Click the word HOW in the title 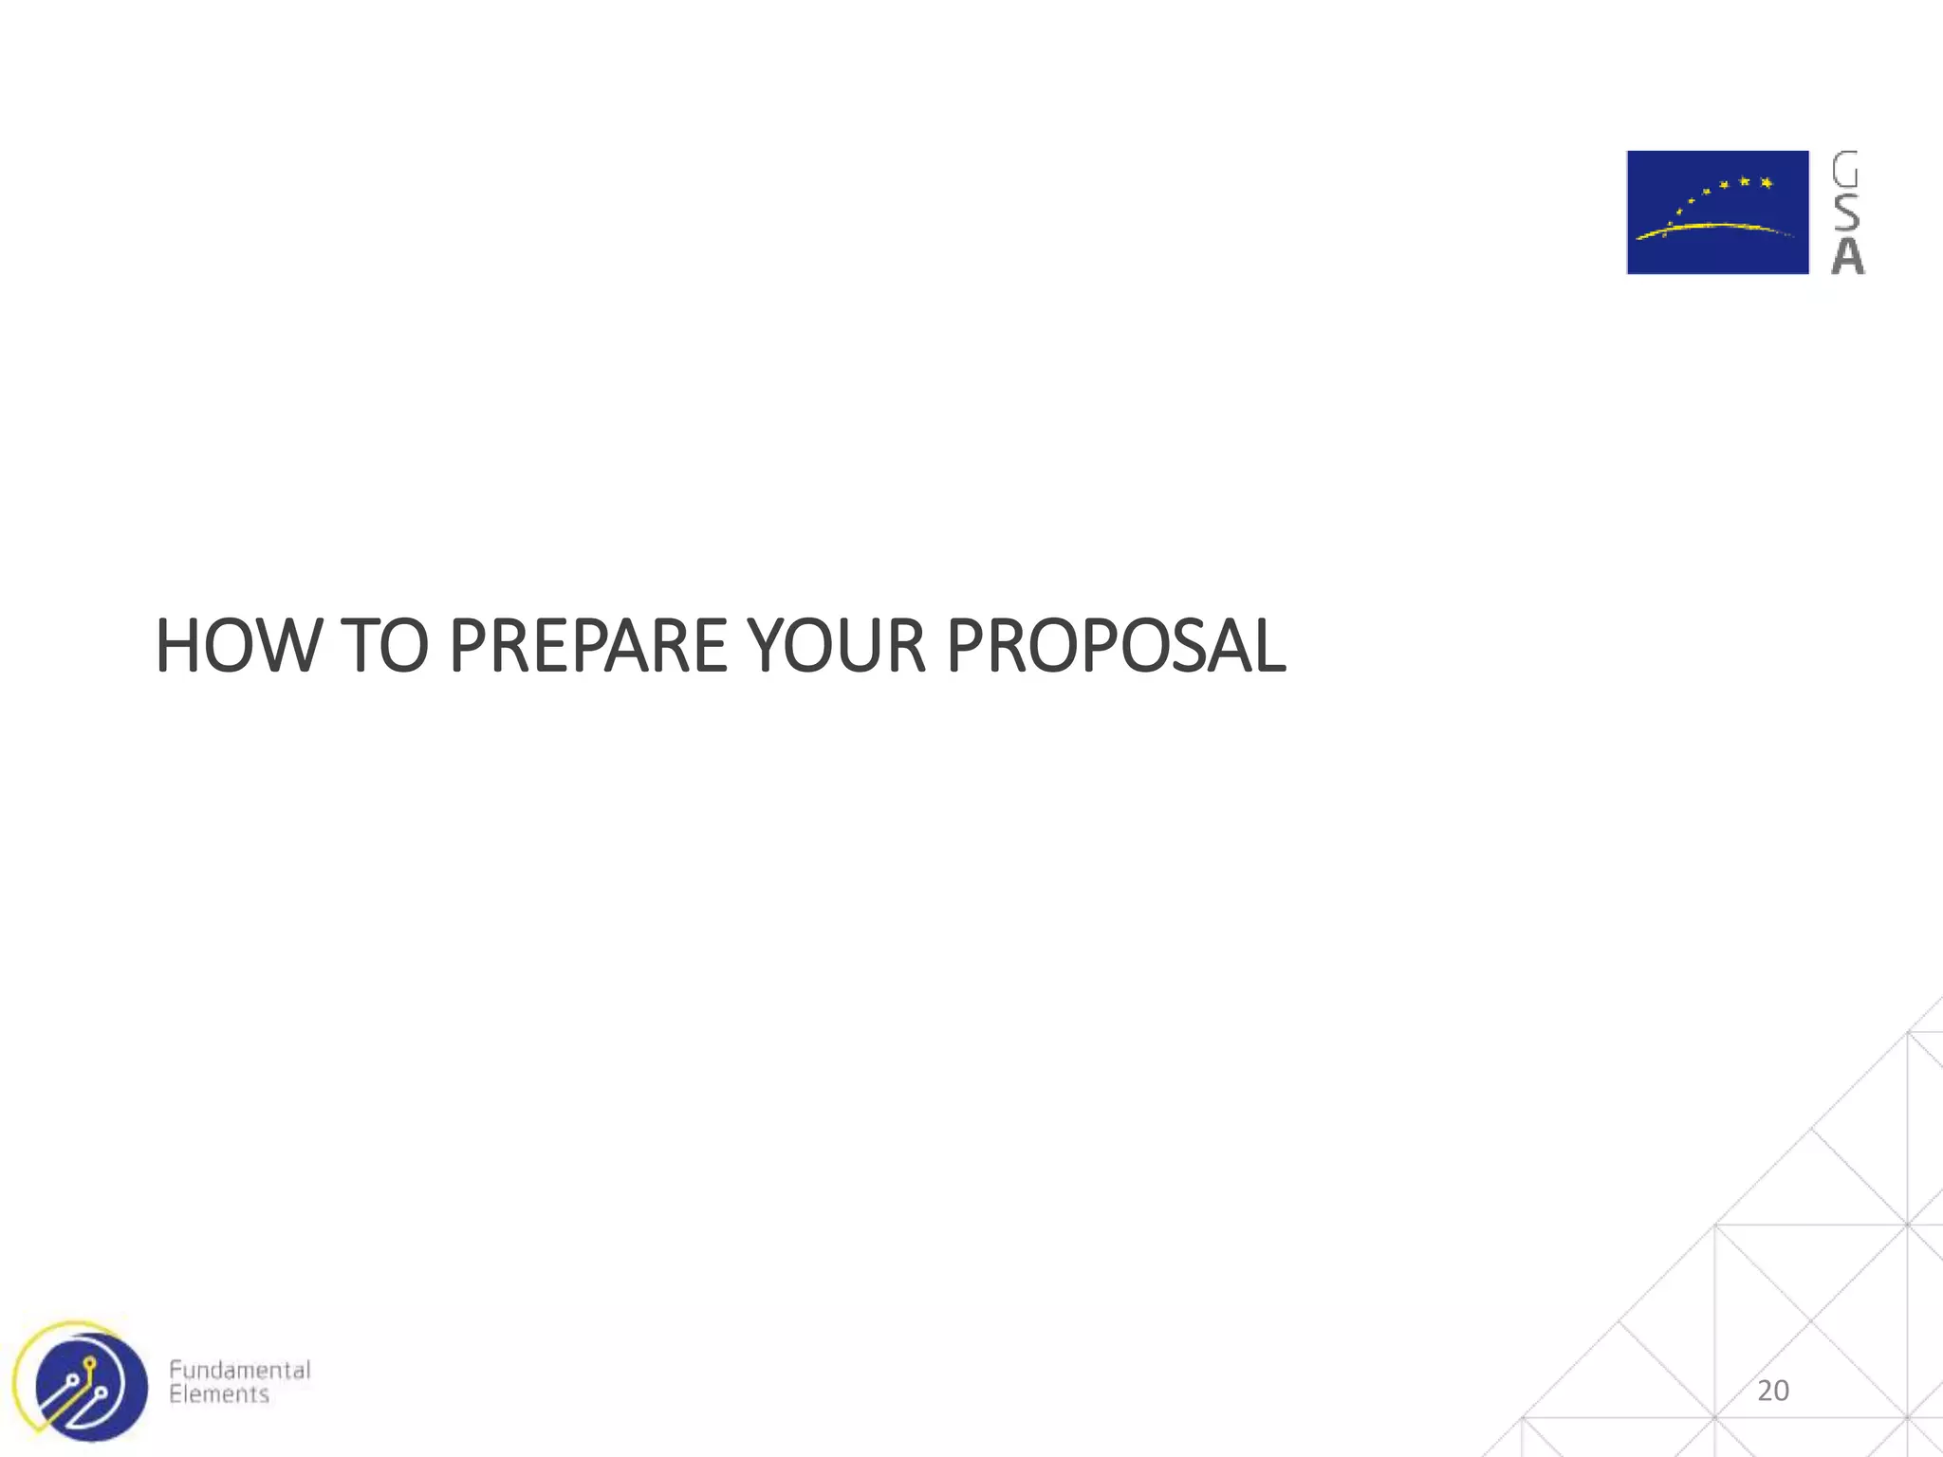coord(238,646)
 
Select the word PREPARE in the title coord(587,646)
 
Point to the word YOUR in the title coord(836,646)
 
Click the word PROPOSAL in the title coord(1116,646)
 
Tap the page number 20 coord(1772,1391)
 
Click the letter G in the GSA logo coord(1845,170)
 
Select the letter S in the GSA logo coord(1845,212)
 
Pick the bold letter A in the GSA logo coord(1846,256)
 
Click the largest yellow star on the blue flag coord(1766,182)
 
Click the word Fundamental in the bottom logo coord(239,1370)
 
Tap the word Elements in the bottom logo coord(219,1394)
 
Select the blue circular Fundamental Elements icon coord(91,1387)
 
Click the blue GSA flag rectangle coord(1717,212)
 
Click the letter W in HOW coord(292,646)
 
